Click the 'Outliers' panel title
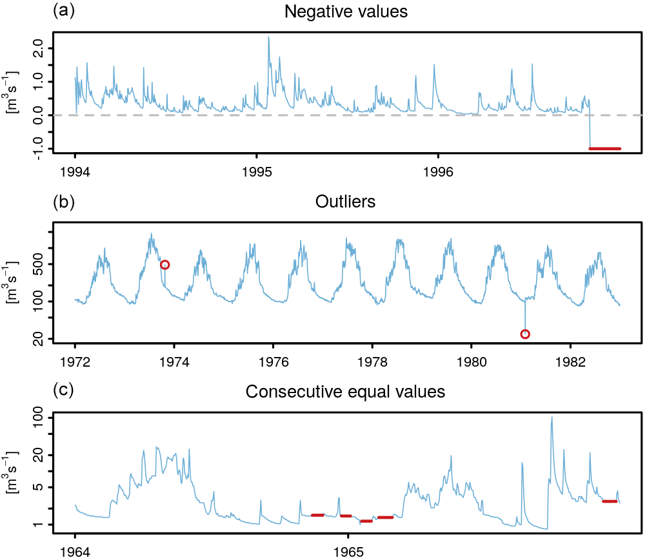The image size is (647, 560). pos(345,202)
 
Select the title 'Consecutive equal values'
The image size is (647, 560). pos(345,392)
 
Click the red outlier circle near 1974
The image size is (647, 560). pos(164,265)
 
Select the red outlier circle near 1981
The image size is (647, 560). pos(525,334)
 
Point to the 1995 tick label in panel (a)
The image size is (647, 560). pos(257,173)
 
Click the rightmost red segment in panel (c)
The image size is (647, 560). pos(610,501)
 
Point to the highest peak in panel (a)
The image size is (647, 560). pos(268,37)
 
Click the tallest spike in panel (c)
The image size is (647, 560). pos(552,418)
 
